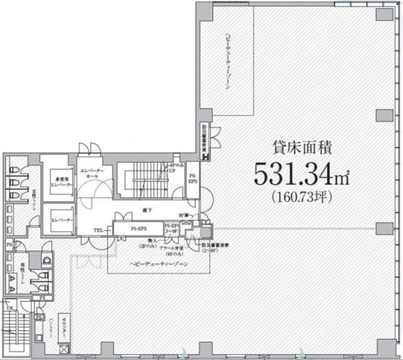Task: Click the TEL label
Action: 99,230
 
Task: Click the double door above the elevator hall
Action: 89,148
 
